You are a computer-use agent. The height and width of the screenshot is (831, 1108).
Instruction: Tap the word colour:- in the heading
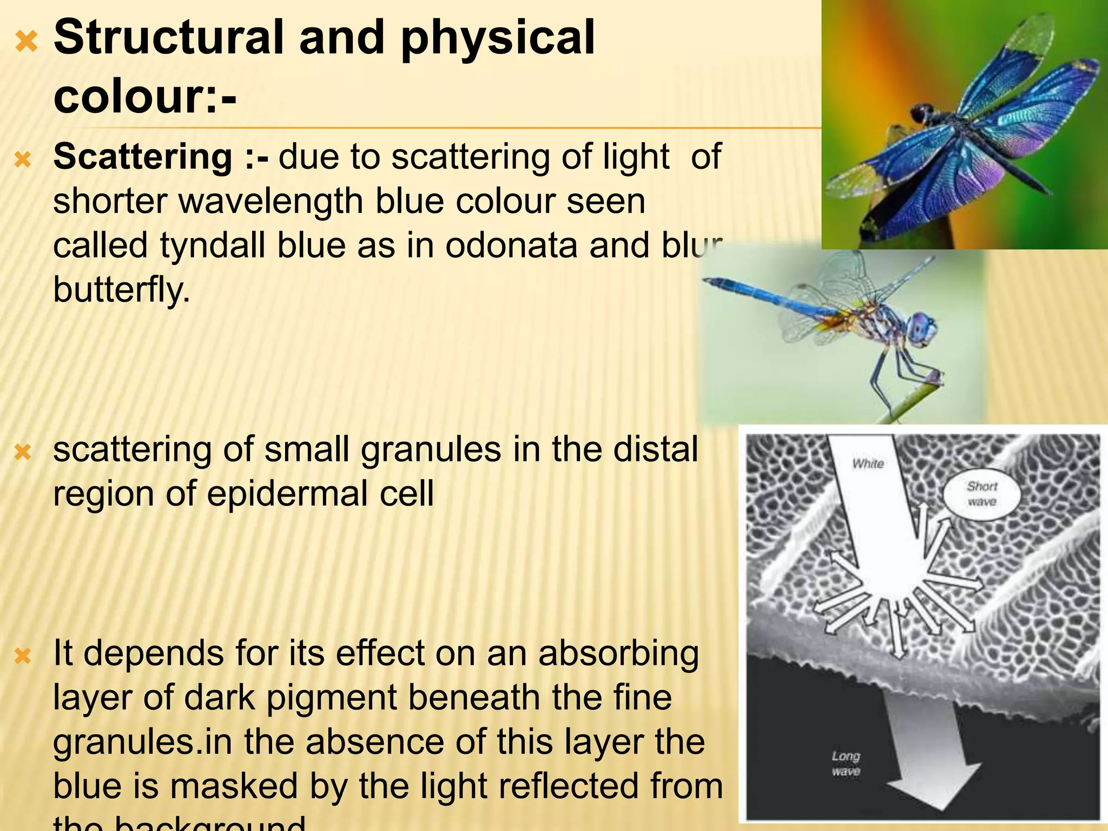145,97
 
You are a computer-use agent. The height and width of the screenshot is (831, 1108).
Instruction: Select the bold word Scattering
143,157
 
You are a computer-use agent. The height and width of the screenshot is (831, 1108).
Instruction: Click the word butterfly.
122,290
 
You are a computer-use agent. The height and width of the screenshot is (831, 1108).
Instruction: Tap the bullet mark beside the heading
26,41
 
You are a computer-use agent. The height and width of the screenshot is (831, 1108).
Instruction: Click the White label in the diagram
868,464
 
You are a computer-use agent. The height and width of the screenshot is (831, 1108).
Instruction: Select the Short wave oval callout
981,494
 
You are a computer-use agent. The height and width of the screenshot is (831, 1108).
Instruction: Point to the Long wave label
846,763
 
